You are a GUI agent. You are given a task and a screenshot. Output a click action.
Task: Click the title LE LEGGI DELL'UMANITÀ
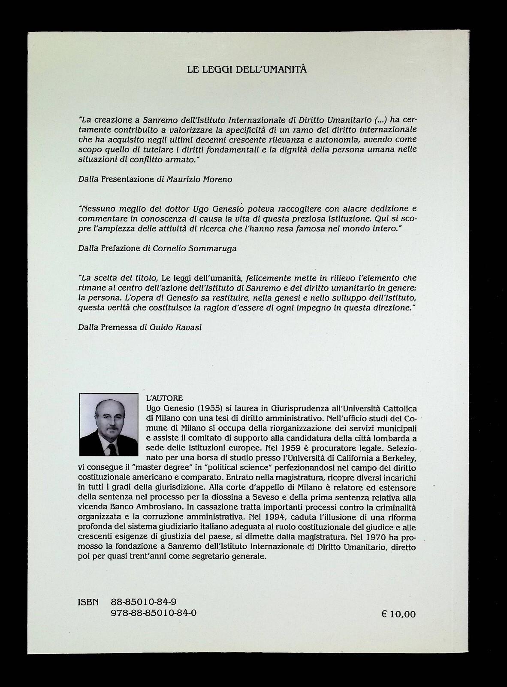coord(247,69)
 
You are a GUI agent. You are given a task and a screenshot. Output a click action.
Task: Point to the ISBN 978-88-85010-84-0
coord(154,613)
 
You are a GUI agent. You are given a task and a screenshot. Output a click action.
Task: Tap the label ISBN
coord(88,602)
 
